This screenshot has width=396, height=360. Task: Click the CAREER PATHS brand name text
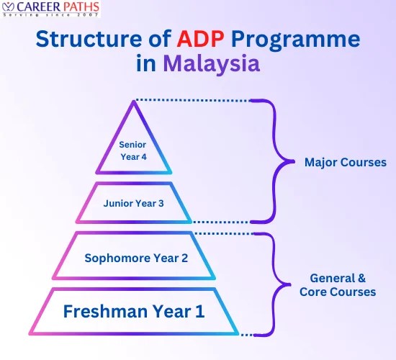(x=57, y=9)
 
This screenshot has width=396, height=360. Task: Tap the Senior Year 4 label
(x=134, y=150)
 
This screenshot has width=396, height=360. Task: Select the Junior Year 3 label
(x=134, y=203)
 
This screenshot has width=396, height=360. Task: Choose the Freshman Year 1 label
(x=134, y=312)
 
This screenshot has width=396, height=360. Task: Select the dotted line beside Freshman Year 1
(x=247, y=334)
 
